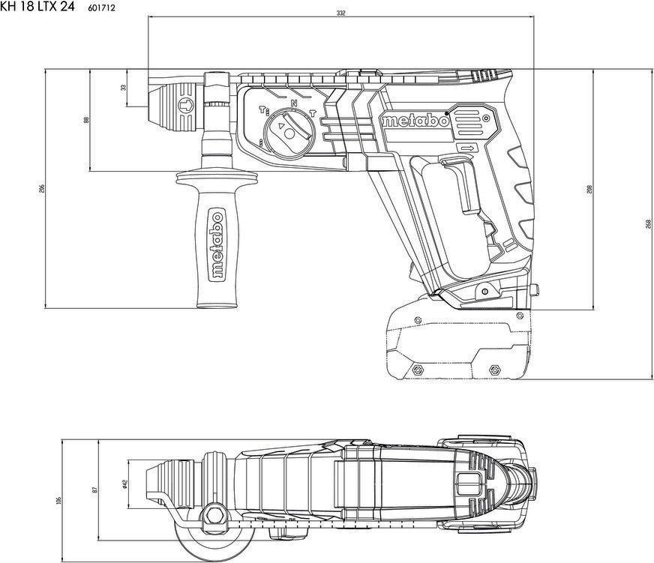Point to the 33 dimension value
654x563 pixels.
[x=124, y=87]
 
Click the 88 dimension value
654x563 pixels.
[x=86, y=121]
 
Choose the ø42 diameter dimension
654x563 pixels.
[x=124, y=485]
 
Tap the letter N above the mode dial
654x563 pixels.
[x=294, y=102]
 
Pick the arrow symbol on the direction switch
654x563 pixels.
[x=467, y=148]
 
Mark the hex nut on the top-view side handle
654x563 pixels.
[x=213, y=514]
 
